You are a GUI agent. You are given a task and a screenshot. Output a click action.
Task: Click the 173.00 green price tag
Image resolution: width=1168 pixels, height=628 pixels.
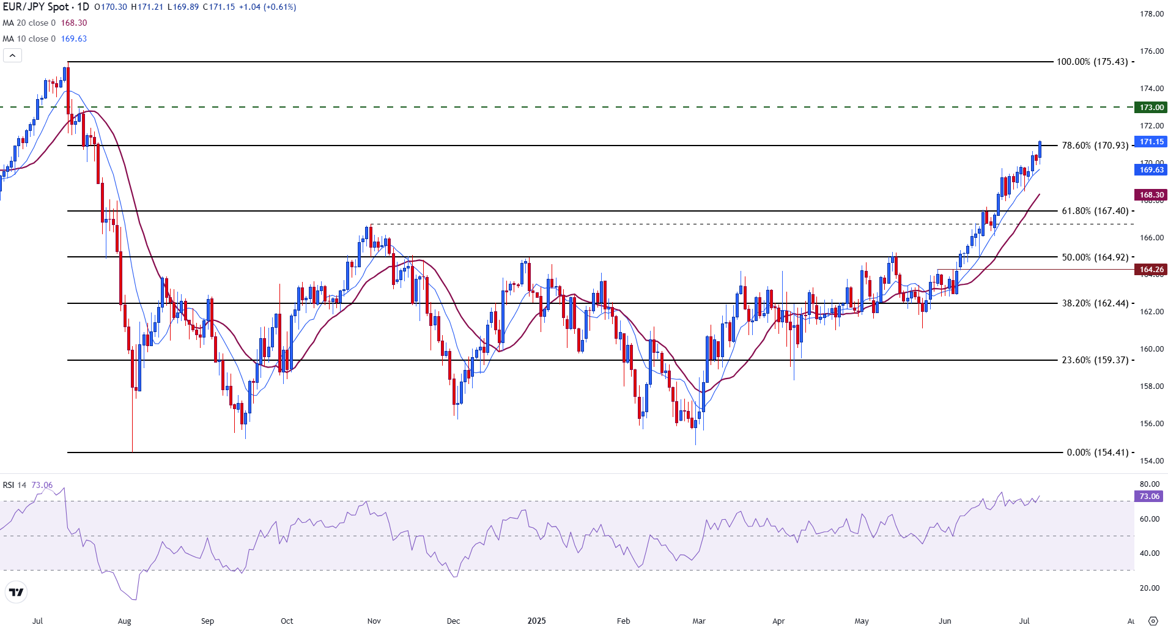pos(1151,108)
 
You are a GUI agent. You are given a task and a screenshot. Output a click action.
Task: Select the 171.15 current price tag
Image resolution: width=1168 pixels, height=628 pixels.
pos(1151,142)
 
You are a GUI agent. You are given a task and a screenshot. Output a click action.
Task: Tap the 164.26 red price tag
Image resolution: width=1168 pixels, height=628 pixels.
pos(1151,270)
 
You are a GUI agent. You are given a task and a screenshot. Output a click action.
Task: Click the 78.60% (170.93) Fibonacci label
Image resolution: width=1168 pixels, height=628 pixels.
pos(1095,146)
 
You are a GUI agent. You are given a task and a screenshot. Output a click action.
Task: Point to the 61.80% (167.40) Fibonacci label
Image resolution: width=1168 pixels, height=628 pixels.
pos(1095,211)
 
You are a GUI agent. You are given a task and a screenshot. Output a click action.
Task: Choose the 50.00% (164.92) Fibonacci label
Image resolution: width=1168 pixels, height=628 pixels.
pos(1095,257)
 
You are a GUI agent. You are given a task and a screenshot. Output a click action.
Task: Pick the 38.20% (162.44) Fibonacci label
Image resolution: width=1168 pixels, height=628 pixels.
pos(1095,303)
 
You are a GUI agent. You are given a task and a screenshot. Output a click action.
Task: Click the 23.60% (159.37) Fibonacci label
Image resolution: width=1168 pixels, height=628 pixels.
pos(1095,360)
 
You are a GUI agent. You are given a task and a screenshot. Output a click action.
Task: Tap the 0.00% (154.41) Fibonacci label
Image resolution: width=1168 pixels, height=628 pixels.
pos(1097,453)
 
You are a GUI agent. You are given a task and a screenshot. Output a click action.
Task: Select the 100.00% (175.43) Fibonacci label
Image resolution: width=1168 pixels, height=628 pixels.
pos(1092,62)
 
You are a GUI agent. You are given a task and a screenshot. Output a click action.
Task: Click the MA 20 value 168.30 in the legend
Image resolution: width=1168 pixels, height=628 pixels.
pos(74,23)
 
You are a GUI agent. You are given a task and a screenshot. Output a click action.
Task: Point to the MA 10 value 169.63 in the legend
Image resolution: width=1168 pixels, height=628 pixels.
pos(74,39)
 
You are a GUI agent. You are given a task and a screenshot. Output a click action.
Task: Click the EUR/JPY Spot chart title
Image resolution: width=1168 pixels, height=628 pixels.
pos(46,7)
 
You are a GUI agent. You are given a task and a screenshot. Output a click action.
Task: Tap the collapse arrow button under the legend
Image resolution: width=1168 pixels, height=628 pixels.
pos(12,56)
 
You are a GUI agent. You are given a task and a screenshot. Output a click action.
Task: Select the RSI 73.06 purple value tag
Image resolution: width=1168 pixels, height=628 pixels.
pos(1149,497)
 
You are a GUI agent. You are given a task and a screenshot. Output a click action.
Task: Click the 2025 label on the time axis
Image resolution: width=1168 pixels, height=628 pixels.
pos(536,621)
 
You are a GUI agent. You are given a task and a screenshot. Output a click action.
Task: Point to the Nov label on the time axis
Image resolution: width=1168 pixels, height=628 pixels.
pos(374,621)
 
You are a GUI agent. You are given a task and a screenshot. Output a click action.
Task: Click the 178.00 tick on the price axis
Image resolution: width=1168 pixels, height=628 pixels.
pos(1151,14)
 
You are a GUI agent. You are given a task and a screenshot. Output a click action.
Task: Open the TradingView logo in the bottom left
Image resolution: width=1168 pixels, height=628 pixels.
pos(17,592)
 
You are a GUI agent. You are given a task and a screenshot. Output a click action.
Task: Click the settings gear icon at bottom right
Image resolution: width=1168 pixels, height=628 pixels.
pos(1153,621)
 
